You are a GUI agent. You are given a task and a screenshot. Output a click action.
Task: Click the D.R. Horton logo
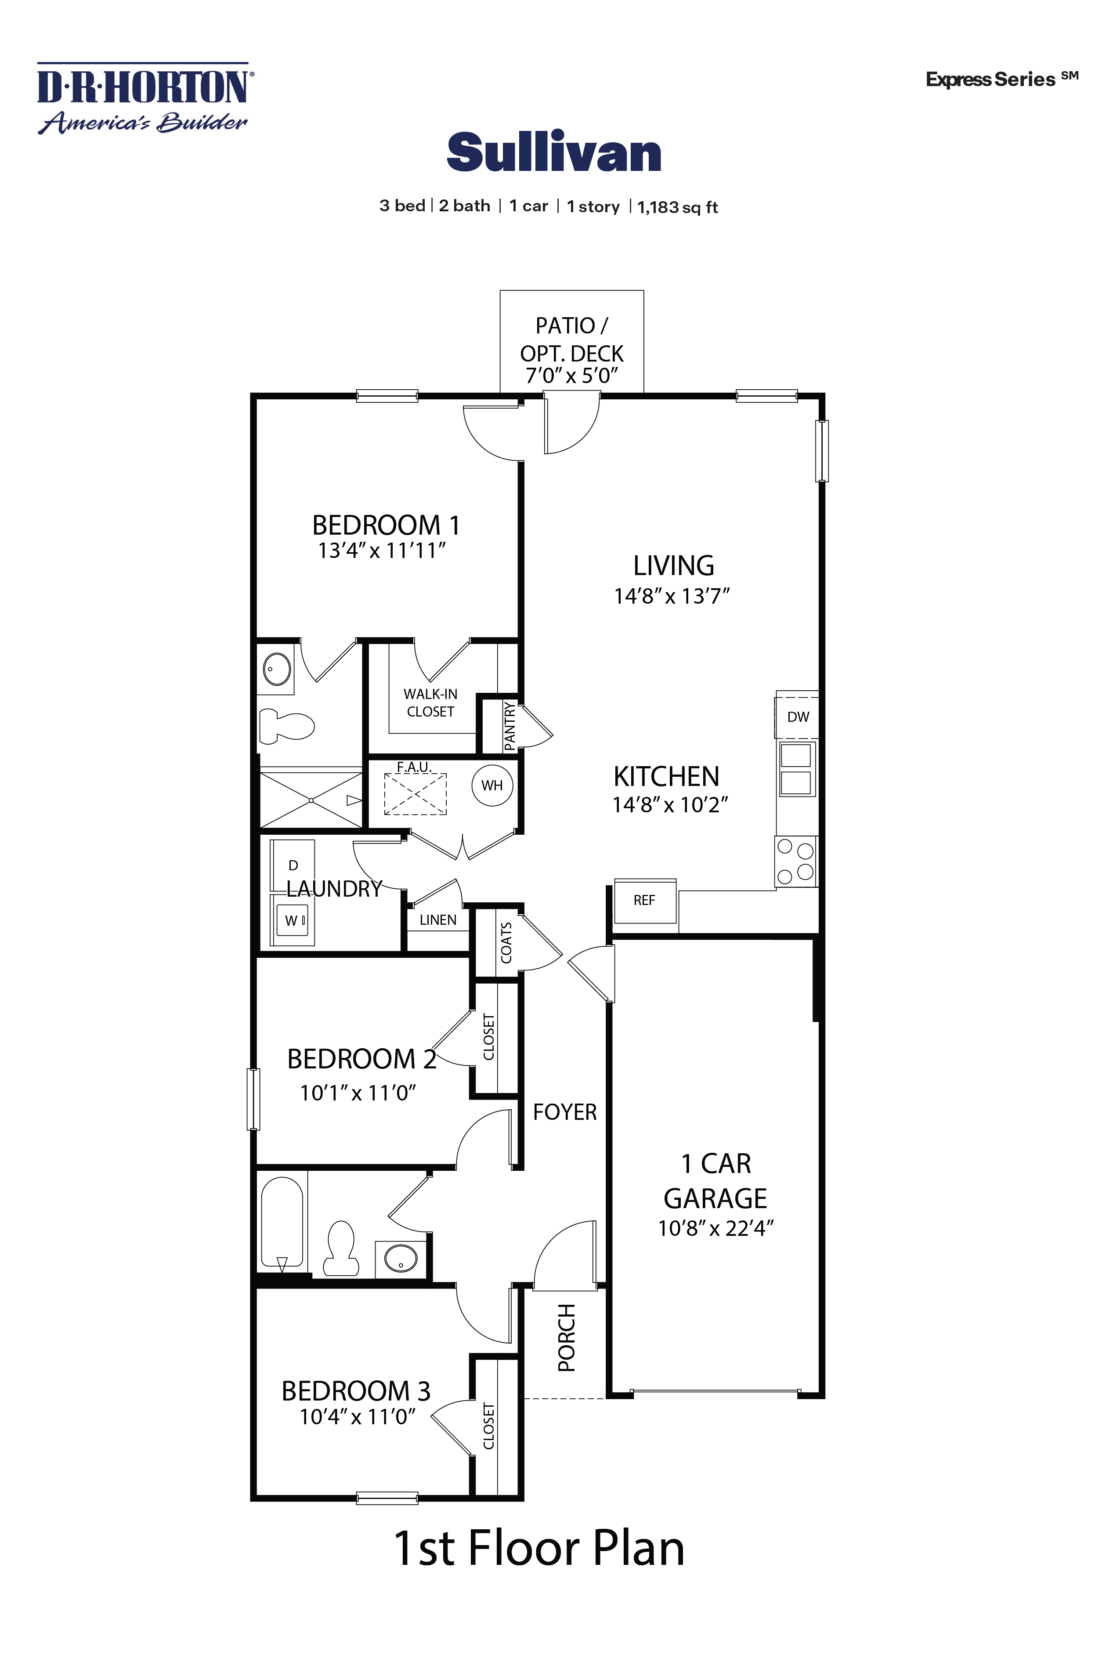pos(143,98)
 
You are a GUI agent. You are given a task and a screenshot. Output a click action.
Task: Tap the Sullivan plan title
pos(553,153)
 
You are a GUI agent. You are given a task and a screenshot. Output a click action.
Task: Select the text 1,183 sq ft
pos(676,208)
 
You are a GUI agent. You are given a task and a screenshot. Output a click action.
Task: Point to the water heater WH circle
pos(491,786)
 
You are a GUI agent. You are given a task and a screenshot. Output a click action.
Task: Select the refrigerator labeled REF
pos(644,900)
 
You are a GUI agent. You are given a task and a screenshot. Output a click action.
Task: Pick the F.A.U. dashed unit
pos(415,793)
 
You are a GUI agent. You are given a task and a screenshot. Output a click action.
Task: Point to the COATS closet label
pos(506,942)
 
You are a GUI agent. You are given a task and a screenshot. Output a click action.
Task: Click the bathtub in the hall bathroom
pos(282,1222)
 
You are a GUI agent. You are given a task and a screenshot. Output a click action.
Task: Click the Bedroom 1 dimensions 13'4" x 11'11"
pos(382,551)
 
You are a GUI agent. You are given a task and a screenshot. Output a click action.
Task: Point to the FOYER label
pos(564,1111)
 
